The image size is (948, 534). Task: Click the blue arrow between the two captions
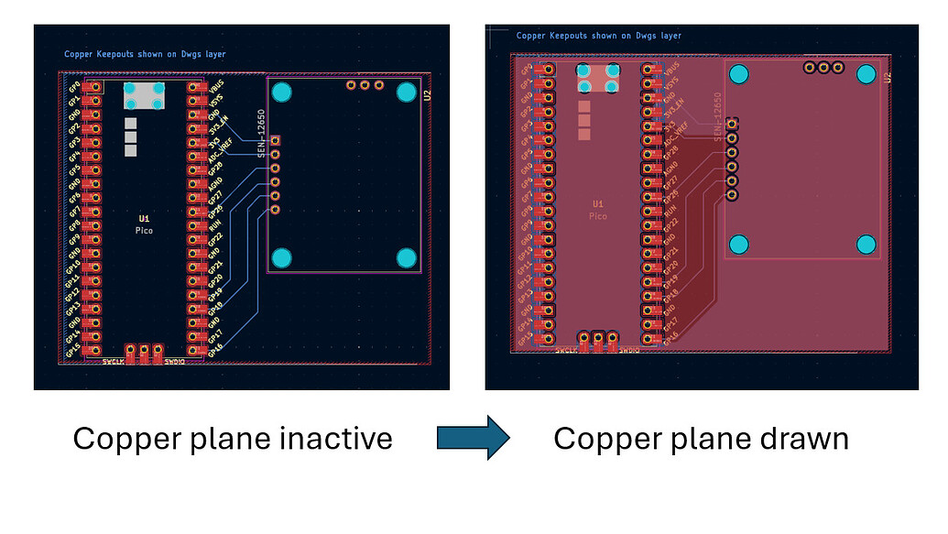[472, 438]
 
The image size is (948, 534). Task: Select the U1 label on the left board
[144, 219]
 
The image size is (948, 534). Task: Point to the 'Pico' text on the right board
[597, 216]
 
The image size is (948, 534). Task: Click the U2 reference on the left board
[427, 95]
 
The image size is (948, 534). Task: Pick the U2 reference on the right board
[887, 79]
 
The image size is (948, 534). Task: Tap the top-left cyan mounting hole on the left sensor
[282, 92]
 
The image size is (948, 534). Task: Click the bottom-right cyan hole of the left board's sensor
[407, 257]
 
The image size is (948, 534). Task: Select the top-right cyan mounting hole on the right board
[866, 74]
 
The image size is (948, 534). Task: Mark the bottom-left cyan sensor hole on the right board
[738, 245]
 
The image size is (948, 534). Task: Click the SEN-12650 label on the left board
[261, 134]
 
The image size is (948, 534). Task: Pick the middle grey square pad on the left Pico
[130, 136]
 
